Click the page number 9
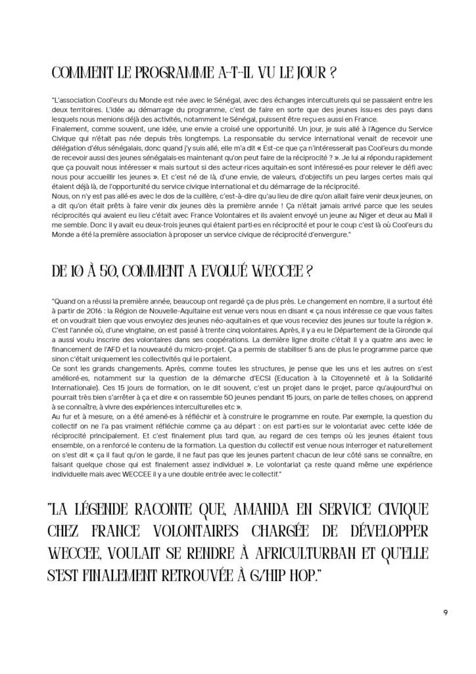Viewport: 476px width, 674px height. (445, 613)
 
